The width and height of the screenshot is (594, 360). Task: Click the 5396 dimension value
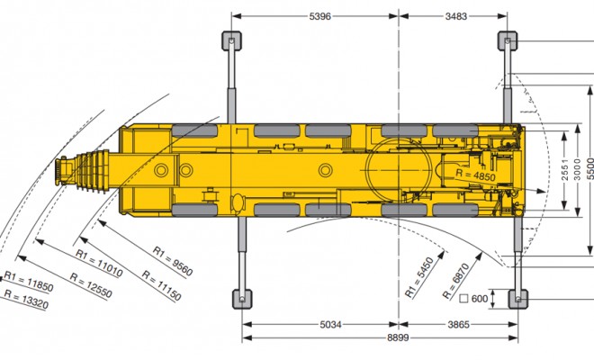coord(320,16)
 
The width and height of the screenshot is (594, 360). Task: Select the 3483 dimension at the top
coord(456,16)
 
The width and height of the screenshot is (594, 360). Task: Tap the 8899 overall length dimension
coord(398,337)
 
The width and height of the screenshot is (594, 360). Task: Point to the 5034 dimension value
coord(330,324)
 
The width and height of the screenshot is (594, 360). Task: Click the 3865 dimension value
coord(458,324)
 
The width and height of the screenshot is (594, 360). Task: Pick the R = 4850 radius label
coord(475,175)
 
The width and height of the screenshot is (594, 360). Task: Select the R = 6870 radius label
coord(456,281)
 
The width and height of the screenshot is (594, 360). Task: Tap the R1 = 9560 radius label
coord(173,261)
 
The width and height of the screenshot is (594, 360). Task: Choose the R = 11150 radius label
coord(161,285)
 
